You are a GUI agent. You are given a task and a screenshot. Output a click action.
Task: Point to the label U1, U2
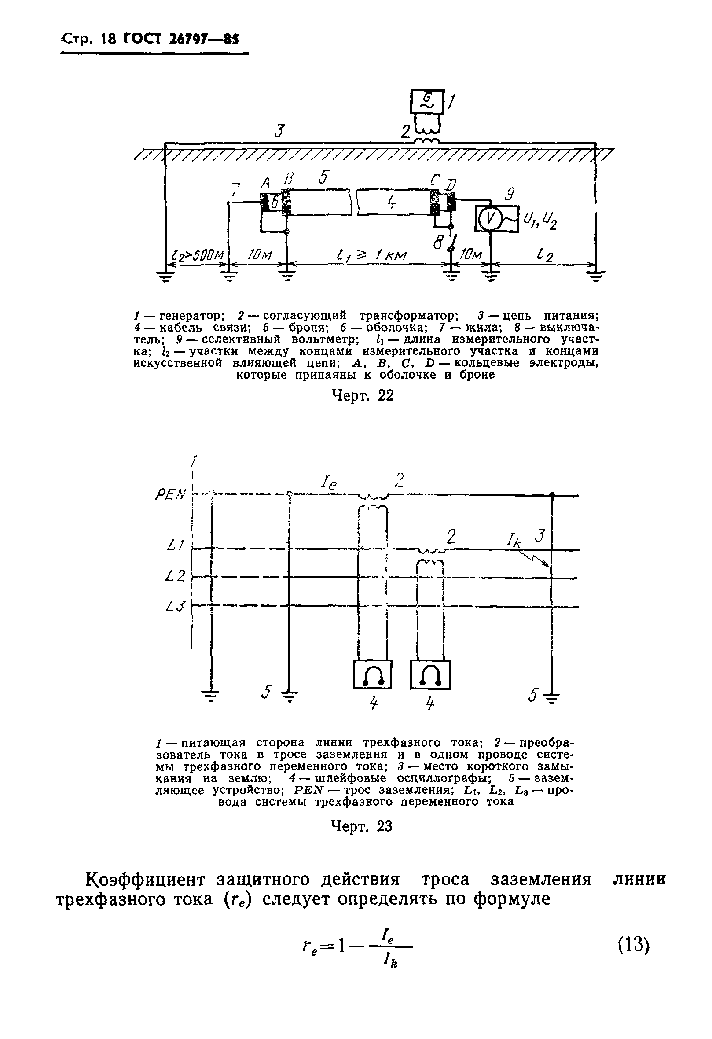(x=540, y=220)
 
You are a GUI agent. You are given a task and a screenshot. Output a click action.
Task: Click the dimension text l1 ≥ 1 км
(x=371, y=256)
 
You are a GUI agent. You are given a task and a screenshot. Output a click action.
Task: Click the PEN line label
(x=170, y=494)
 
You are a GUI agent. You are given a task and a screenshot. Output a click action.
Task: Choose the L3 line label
(x=175, y=606)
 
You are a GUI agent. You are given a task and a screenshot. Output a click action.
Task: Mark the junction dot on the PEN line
(x=552, y=495)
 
